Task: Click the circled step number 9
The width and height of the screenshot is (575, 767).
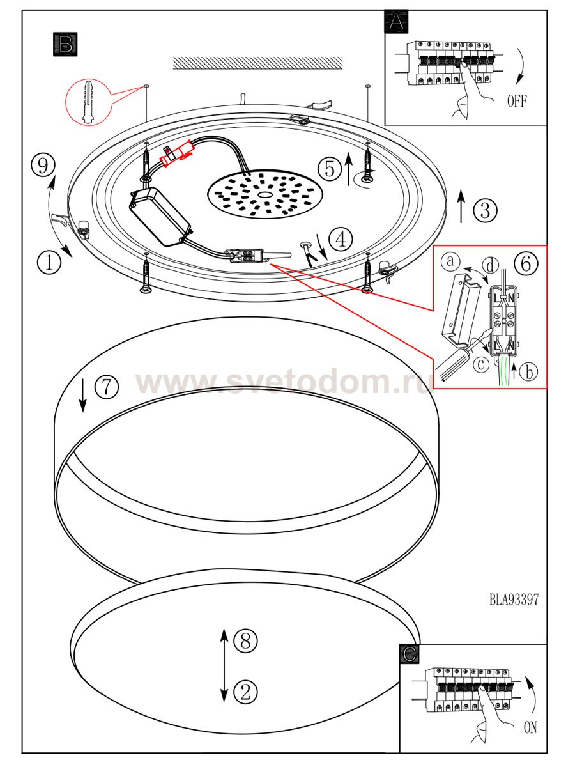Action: tap(43, 165)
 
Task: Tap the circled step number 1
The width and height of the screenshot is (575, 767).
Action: tap(49, 261)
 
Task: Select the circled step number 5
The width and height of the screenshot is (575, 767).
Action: tap(330, 169)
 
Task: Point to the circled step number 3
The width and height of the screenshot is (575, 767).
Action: tap(486, 210)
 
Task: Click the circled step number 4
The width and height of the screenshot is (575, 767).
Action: tap(341, 239)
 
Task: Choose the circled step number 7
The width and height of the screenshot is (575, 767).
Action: tap(107, 387)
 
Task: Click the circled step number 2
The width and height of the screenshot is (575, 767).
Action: tap(245, 692)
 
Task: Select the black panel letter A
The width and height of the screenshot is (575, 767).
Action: tap(396, 22)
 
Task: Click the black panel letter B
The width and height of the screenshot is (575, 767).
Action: tap(65, 44)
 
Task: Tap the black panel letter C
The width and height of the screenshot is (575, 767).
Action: tap(410, 654)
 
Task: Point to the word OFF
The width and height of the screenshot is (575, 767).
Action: tap(517, 101)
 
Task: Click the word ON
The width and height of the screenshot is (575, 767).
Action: tap(530, 728)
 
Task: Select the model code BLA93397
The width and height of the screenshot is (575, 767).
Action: tap(514, 600)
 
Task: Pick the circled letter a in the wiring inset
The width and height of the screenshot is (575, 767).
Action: tap(450, 261)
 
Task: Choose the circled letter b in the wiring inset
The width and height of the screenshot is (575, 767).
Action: tap(528, 372)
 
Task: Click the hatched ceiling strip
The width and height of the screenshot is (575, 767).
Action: tap(257, 63)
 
